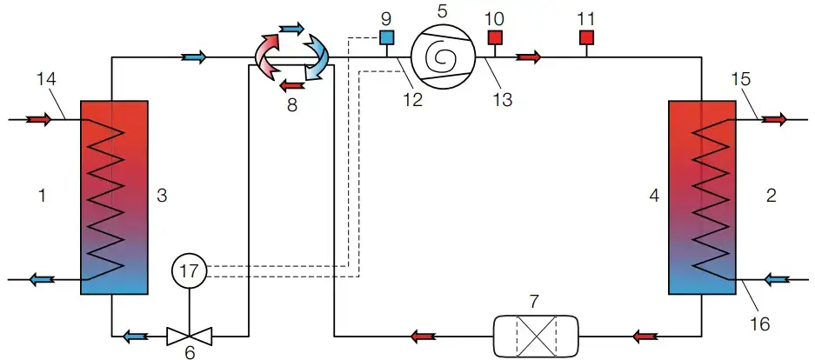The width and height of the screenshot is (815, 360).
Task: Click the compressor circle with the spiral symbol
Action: tap(441, 57)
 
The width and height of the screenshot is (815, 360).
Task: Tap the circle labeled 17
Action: tap(188, 270)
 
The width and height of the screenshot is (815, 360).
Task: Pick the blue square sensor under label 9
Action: tap(387, 37)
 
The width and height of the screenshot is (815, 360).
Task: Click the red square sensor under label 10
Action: tap(495, 37)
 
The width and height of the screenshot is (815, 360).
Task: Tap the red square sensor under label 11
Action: tap(586, 37)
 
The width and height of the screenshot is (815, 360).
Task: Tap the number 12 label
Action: tap(412, 98)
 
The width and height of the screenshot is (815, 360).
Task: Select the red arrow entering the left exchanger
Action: tap(38, 119)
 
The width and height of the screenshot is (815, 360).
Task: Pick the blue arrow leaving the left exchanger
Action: tap(38, 279)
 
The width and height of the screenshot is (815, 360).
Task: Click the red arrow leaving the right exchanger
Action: tap(772, 119)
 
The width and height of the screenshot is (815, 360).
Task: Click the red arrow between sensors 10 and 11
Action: tap(528, 57)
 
